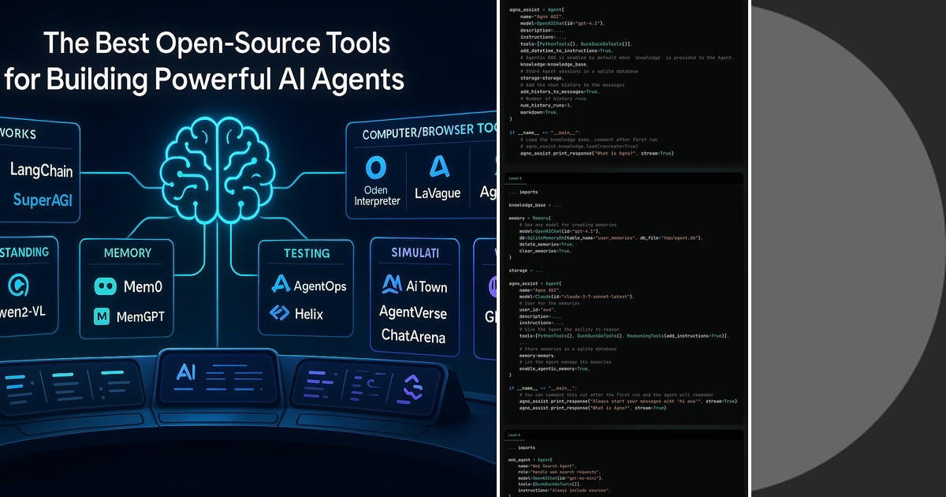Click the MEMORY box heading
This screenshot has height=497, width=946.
click(x=127, y=253)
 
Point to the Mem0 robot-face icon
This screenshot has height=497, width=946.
click(x=105, y=287)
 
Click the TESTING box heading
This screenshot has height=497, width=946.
click(x=307, y=253)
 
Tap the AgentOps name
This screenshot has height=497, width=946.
click(x=319, y=286)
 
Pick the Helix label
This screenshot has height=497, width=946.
click(x=309, y=313)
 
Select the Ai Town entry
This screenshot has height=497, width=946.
click(x=426, y=284)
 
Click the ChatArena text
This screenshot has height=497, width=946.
click(x=413, y=336)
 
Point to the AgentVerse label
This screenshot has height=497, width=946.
click(x=412, y=312)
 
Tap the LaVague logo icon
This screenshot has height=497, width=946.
click(x=438, y=166)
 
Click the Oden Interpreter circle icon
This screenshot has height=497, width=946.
click(x=377, y=167)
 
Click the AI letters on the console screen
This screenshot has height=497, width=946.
click(x=187, y=372)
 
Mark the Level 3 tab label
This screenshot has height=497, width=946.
click(x=514, y=179)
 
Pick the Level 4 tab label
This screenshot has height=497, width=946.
click(x=514, y=435)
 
